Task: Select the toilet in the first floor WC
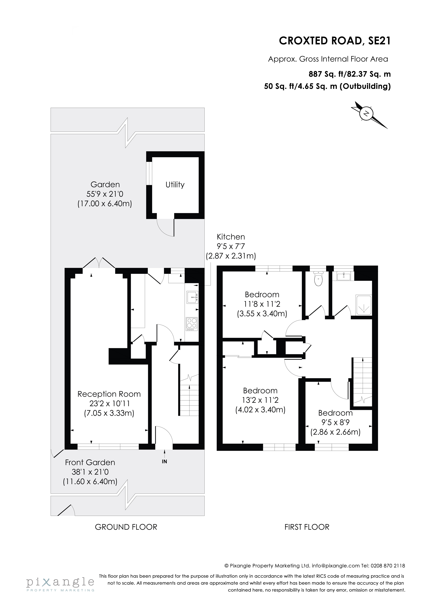click(318, 279)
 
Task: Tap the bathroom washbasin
click(344, 276)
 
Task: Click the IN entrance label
click(164, 462)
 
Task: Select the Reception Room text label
click(109, 394)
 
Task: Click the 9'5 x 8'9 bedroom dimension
click(335, 422)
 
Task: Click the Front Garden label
click(90, 463)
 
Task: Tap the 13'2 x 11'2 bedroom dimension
click(260, 400)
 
